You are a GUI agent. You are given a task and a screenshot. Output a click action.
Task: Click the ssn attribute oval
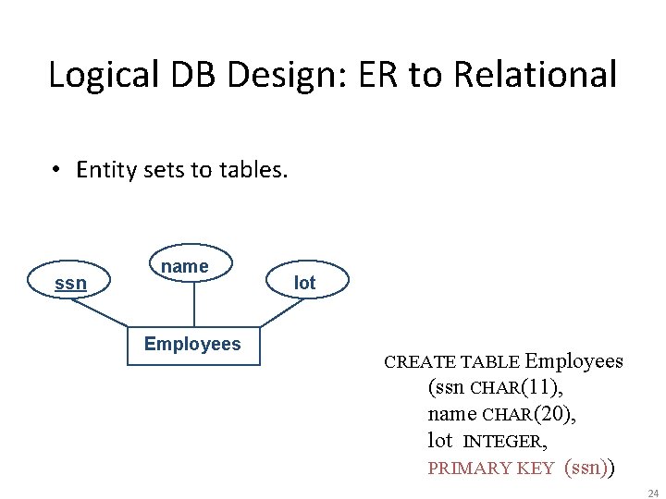(70, 283)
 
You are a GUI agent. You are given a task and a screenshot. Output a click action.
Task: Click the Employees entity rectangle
(192, 345)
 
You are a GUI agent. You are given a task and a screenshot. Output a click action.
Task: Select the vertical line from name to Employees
(193, 305)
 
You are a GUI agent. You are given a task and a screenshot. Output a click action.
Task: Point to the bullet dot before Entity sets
(57, 170)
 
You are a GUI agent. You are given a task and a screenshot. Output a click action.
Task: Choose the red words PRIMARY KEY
(490, 468)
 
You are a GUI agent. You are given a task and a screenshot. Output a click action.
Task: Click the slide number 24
(653, 493)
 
